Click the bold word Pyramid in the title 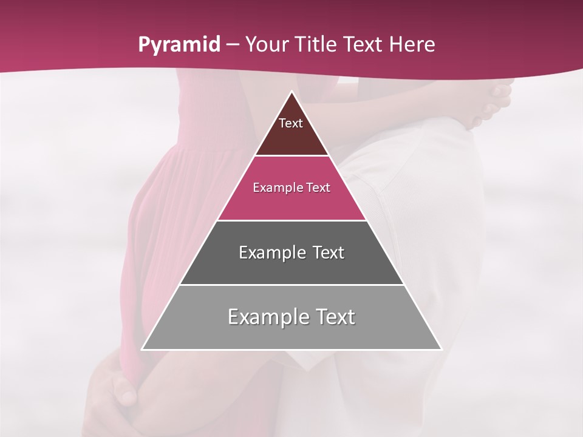click(x=179, y=45)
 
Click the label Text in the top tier click(x=290, y=123)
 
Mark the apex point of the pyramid click(x=291, y=92)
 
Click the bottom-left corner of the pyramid click(x=143, y=349)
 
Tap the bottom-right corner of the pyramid click(x=441, y=349)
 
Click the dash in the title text click(x=233, y=45)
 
